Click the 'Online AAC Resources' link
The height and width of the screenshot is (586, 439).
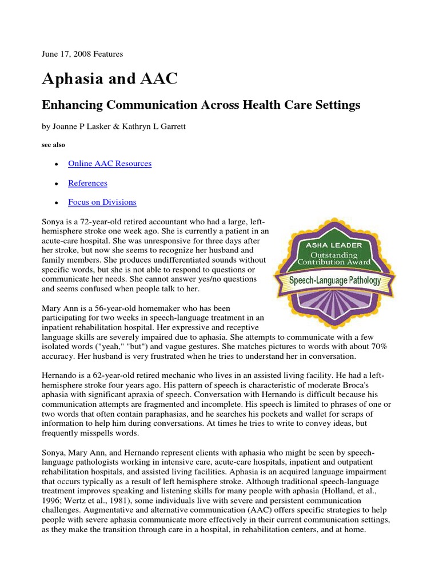[110, 164]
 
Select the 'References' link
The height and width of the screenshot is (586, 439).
[87, 183]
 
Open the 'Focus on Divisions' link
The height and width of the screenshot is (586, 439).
[102, 203]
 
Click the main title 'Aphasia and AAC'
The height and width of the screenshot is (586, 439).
[110, 79]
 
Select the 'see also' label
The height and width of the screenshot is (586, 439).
[53, 145]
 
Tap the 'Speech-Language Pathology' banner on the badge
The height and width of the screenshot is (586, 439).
[335, 281]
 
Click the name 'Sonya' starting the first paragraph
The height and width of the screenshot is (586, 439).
[54, 221]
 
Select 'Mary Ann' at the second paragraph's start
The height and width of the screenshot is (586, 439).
[59, 308]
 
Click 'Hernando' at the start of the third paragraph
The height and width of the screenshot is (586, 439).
[59, 375]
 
